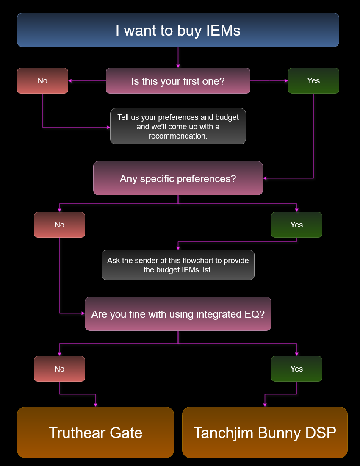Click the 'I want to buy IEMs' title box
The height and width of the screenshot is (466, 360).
(x=178, y=30)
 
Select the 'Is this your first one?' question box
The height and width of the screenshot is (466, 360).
(x=178, y=80)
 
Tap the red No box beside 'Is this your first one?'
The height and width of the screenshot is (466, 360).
(x=42, y=80)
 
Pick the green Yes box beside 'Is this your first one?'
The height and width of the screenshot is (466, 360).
(x=313, y=80)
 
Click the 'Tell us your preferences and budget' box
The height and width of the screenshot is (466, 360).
(x=178, y=126)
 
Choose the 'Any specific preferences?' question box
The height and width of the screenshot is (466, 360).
(x=178, y=178)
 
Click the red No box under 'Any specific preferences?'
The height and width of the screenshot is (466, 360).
(x=59, y=225)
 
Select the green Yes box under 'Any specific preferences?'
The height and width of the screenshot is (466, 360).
(x=296, y=225)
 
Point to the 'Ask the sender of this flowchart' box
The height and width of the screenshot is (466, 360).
(x=178, y=265)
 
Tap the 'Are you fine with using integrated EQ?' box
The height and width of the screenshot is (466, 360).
(x=178, y=313)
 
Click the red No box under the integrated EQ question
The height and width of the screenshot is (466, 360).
(x=59, y=369)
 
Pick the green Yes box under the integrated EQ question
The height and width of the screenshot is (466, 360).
(x=296, y=369)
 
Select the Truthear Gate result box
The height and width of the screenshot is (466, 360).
(x=95, y=432)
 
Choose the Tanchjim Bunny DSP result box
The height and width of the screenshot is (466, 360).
(x=265, y=432)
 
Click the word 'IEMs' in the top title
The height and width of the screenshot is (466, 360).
(x=223, y=30)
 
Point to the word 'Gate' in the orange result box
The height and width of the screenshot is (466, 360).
(x=126, y=433)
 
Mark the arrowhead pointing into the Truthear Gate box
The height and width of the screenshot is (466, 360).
(x=95, y=405)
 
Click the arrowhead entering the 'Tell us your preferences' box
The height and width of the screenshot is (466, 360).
(x=108, y=127)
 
